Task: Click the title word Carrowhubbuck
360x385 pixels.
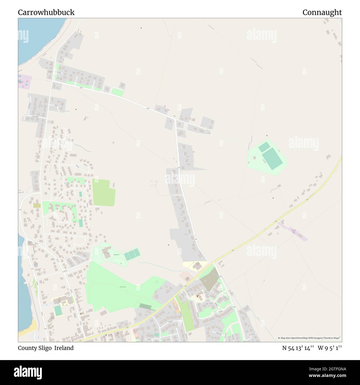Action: point(46,12)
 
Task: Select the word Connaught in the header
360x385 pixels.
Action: point(322,12)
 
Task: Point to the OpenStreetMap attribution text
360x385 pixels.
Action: point(309,338)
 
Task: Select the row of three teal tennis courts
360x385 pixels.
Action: point(132,254)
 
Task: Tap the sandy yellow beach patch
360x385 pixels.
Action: point(32,325)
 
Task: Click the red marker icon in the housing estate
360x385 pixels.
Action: point(198,296)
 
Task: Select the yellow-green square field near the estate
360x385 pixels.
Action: point(103,193)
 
